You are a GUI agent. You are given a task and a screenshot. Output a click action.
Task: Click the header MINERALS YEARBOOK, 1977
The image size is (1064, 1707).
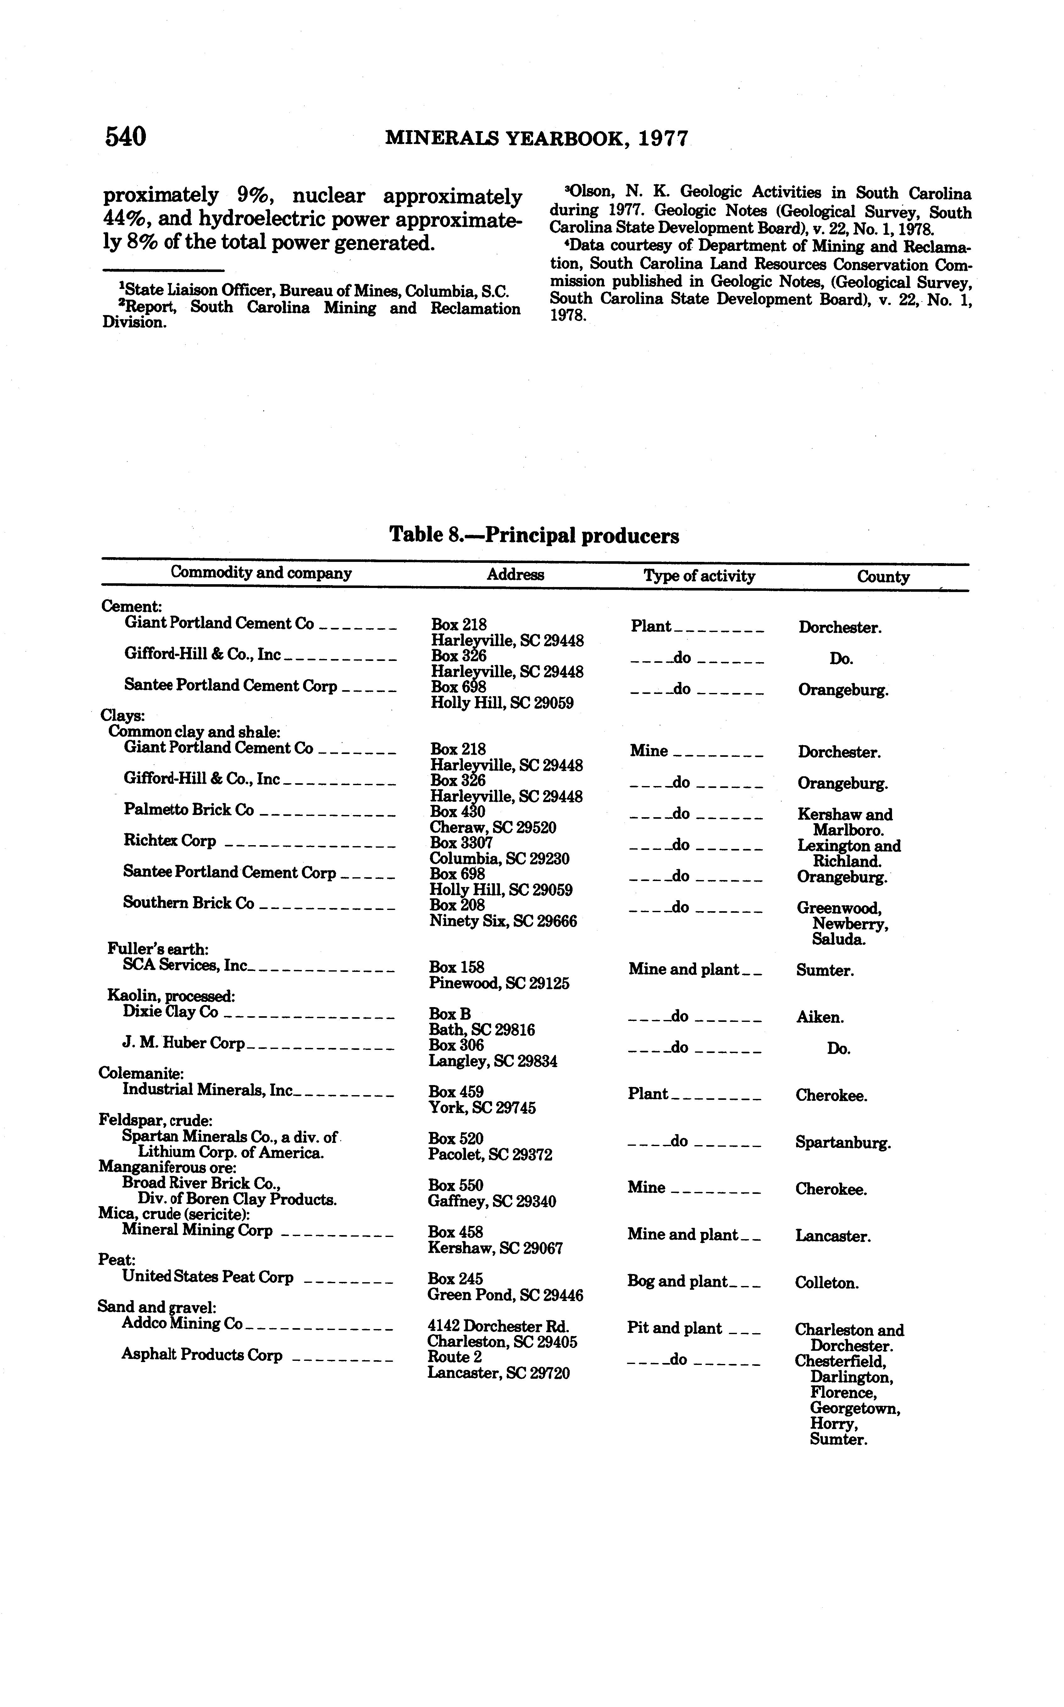click(537, 139)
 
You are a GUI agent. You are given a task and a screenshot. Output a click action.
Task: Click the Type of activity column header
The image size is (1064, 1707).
click(699, 576)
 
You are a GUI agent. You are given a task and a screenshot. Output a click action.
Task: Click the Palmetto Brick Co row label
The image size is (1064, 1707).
click(189, 810)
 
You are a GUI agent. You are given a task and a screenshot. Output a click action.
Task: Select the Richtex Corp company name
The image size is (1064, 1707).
click(169, 841)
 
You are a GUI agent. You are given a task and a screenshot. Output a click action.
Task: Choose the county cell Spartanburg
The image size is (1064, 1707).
click(843, 1143)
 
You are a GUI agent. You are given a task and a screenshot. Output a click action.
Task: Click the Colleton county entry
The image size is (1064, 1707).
click(827, 1283)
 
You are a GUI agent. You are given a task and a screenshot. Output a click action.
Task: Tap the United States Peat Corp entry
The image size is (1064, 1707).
click(208, 1277)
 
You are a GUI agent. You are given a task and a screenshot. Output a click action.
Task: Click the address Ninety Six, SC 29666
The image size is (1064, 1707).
click(502, 921)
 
